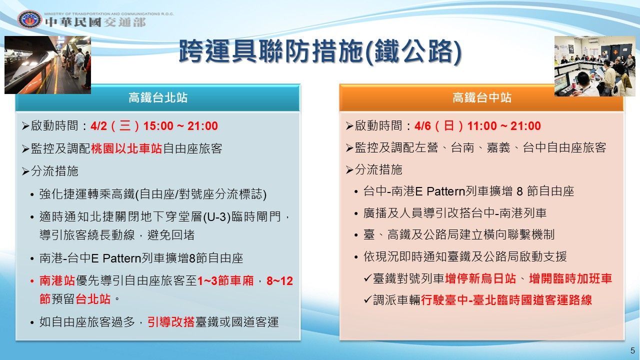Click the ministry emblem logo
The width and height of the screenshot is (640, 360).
[29, 19]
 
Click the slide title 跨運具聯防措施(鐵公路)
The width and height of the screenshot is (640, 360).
[320, 51]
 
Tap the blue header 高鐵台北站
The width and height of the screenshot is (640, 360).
[157, 97]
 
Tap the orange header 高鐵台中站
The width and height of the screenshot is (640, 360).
[481, 97]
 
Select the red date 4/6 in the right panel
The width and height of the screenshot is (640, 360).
[423, 126]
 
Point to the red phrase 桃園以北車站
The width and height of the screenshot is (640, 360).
[126, 148]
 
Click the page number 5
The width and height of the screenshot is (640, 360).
[632, 350]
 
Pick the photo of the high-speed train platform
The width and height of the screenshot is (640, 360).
[47, 65]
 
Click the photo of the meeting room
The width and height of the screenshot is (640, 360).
[595, 66]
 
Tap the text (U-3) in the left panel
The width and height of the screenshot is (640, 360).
[217, 217]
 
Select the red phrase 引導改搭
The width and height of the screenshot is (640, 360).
[171, 322]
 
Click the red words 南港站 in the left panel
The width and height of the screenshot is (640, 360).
[57, 281]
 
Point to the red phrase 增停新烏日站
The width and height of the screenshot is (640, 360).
[480, 278]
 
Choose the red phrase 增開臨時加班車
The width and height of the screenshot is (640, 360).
[570, 278]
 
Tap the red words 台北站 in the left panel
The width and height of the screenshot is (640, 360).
[93, 299]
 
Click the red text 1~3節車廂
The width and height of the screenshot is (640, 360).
[225, 281]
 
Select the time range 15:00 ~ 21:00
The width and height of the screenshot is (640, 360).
[180, 126]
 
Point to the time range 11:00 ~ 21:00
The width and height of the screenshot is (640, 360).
[504, 126]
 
